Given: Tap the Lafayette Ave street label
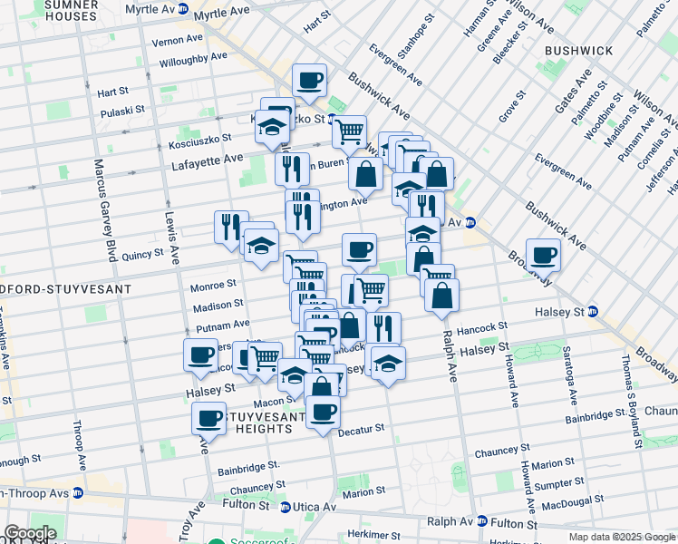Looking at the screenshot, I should click(x=208, y=160).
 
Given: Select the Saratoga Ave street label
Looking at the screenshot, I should click(x=572, y=376).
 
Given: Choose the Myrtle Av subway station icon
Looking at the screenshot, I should click(x=183, y=9).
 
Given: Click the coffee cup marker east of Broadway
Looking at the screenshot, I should click(x=543, y=256).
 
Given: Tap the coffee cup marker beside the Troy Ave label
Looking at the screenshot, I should click(x=208, y=419).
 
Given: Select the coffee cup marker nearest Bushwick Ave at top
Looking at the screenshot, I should click(x=308, y=80).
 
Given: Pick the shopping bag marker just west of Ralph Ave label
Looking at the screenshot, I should click(x=441, y=296).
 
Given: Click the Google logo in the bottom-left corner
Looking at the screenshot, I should click(x=29, y=533).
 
